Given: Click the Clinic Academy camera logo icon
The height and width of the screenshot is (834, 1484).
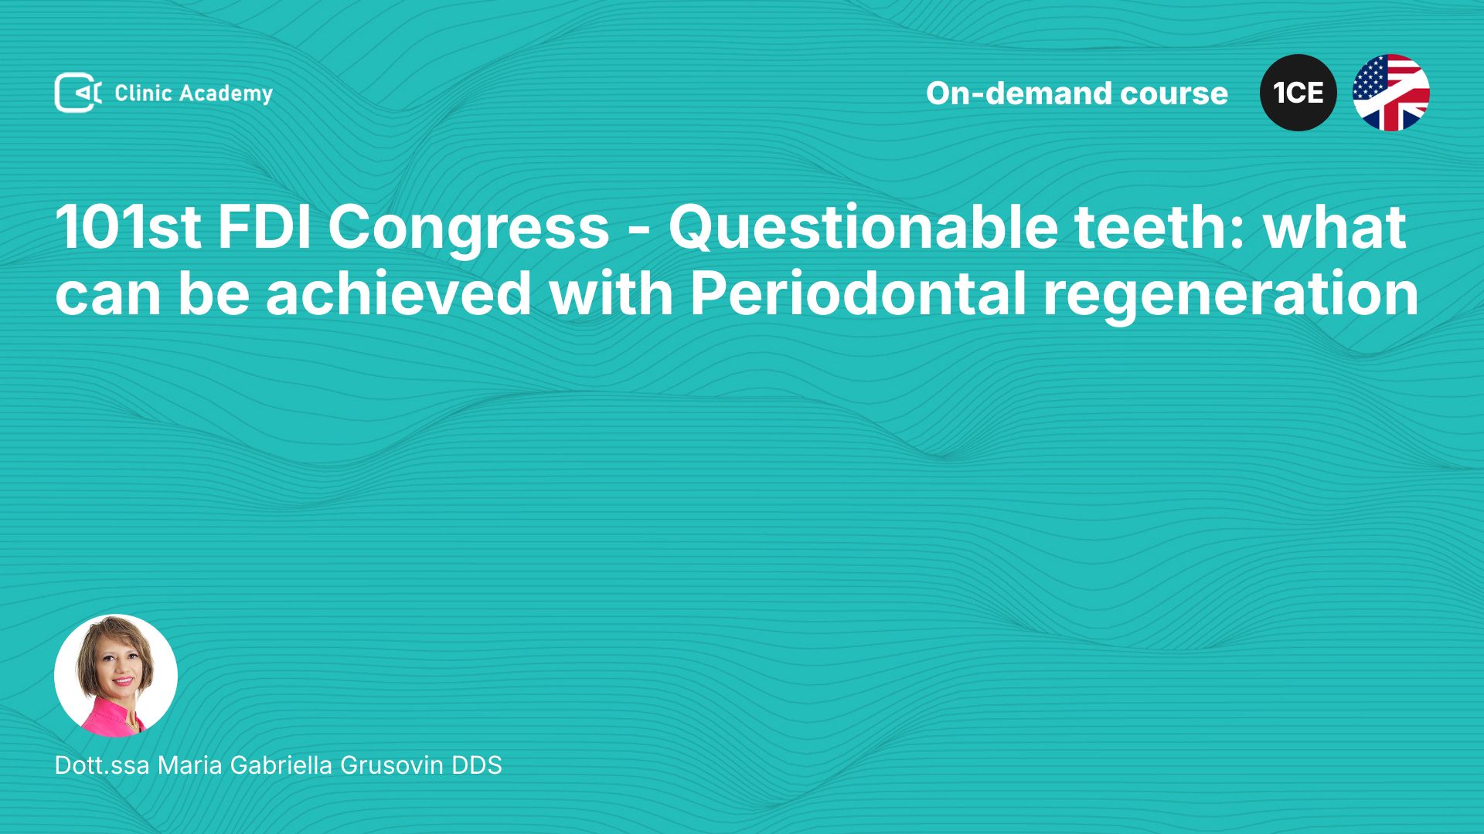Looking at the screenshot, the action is click(78, 93).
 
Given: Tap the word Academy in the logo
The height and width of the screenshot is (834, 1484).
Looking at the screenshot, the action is click(226, 94).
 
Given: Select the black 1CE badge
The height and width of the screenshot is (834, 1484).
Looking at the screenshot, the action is click(1298, 93).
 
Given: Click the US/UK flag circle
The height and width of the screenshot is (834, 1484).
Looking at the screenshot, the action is click(1391, 93).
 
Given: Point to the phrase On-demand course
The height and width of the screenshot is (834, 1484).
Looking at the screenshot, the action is click(1077, 93).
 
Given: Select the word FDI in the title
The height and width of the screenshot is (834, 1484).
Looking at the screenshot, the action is click(264, 227).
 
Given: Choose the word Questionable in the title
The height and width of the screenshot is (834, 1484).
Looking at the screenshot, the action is click(863, 227).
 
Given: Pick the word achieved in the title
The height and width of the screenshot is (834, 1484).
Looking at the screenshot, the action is click(399, 294).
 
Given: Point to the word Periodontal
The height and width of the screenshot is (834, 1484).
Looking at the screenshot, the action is click(858, 294).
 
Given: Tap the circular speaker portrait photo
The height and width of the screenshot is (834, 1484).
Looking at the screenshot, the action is click(116, 676).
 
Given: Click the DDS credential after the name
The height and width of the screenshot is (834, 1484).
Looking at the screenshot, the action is click(477, 764).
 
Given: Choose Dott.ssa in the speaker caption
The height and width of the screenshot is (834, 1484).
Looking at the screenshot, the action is click(102, 764).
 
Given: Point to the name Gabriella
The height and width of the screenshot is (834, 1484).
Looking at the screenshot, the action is click(281, 764).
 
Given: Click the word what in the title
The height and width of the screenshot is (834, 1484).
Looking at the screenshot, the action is click(1335, 227).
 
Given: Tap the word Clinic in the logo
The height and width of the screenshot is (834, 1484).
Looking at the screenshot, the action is click(143, 93).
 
